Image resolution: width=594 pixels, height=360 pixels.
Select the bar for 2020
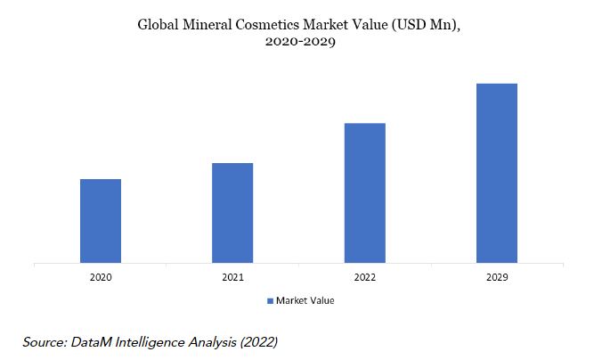coord(101,221)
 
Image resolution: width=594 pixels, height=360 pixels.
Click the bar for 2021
coord(232,213)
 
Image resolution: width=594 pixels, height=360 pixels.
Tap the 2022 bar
coord(365,192)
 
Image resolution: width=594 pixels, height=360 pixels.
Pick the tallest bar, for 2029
coord(497,173)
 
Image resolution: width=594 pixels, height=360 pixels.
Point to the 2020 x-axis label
coord(101,277)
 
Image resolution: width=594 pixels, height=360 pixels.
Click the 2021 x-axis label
coord(232,277)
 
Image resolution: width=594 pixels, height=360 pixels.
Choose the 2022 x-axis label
coord(365,277)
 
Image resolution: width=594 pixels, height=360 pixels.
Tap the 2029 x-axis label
coord(497,277)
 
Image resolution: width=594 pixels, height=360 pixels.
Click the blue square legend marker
coord(270,301)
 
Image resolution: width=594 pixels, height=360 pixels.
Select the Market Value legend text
coord(305,300)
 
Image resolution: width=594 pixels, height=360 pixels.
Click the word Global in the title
coord(158,25)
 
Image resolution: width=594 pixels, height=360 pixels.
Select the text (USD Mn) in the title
coord(427,25)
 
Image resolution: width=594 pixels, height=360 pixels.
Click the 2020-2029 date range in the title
coord(300,41)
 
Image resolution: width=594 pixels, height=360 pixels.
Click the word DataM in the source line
coord(92,342)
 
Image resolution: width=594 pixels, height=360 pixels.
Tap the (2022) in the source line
coord(259,342)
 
